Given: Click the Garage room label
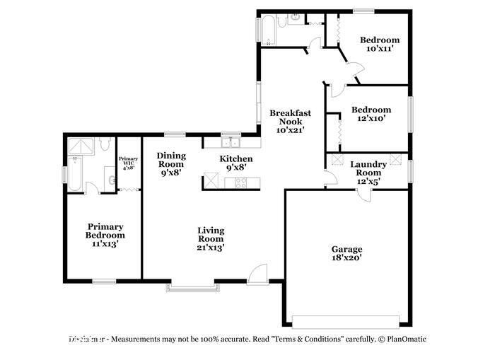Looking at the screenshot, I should click(346, 254).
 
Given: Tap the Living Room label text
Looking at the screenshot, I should click(210, 238).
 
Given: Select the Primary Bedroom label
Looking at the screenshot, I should click(105, 235).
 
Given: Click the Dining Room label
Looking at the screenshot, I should click(171, 163).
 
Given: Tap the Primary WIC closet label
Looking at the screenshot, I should click(128, 163).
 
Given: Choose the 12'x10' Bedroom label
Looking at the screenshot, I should click(371, 115).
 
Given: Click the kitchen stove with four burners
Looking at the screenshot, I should click(240, 183).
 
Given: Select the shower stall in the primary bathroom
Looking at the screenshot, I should click(80, 146).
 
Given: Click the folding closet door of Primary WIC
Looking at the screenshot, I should click(128, 189).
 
